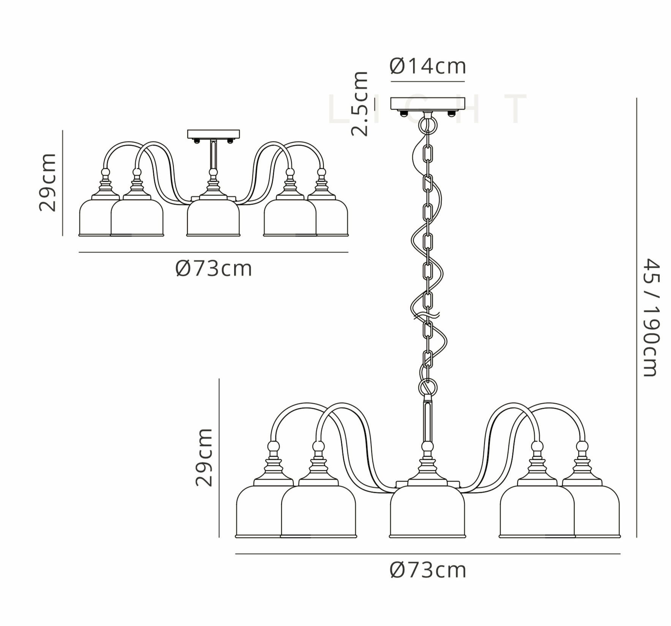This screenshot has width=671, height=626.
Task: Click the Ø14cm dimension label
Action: [x=428, y=66]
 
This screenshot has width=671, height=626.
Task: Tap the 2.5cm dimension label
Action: [x=359, y=103]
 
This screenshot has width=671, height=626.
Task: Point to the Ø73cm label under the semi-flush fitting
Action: [x=214, y=269]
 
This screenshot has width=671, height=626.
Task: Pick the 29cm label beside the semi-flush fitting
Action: [x=48, y=183]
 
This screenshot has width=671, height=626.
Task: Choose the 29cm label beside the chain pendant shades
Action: [x=204, y=458]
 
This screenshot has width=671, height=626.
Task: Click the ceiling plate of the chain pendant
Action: [x=428, y=103]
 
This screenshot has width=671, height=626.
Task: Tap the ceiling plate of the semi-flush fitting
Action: [x=214, y=134]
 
